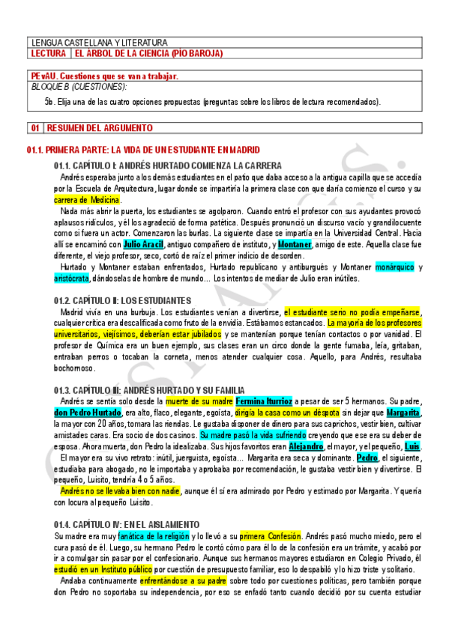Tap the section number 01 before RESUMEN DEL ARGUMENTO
[35, 127]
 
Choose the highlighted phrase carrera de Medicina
[87, 200]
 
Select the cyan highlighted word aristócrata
[71, 278]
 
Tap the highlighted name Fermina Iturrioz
[262, 401]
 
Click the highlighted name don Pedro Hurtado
[88, 413]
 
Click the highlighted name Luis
[412, 445]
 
